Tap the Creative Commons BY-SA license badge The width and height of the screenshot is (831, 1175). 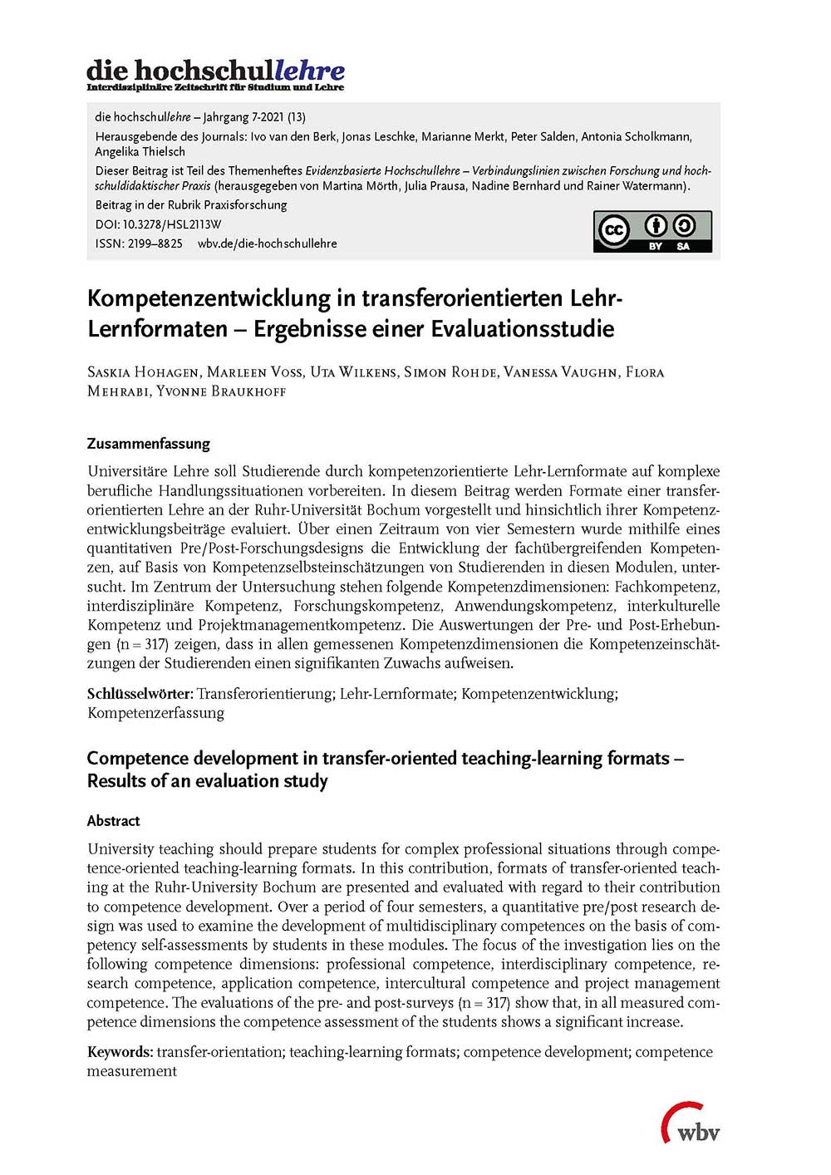tap(652, 232)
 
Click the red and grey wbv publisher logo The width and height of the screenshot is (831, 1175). tap(691, 1123)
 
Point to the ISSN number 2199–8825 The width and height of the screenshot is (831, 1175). tap(155, 243)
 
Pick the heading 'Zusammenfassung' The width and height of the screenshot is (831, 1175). tap(149, 443)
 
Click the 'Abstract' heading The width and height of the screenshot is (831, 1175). tap(113, 820)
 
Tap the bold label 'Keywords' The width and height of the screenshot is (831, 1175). tap(120, 1052)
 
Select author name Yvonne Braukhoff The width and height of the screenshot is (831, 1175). tap(221, 391)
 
